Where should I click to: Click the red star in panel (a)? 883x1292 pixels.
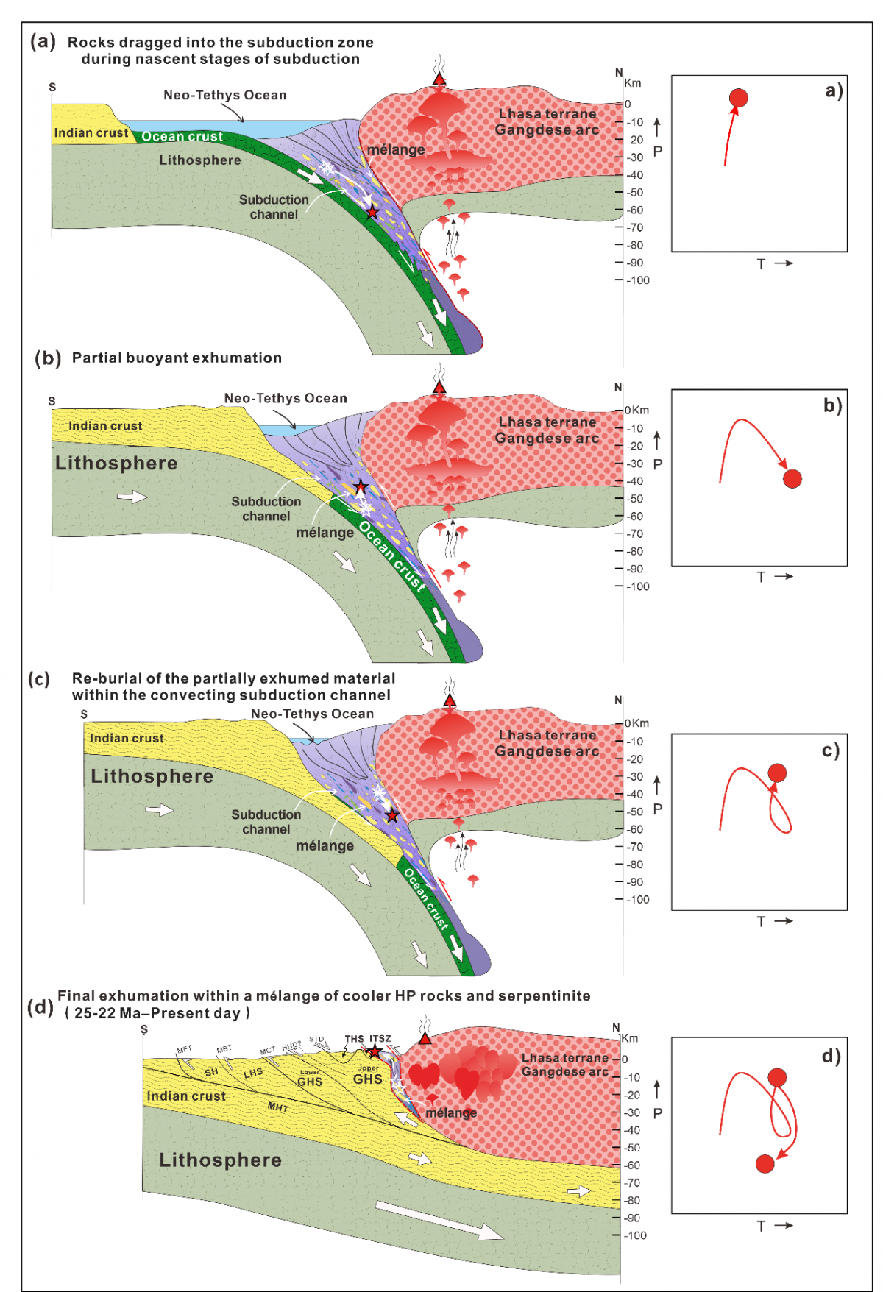click(x=372, y=212)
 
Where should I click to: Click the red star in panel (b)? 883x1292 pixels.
click(x=361, y=487)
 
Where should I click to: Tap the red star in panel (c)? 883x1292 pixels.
click(x=392, y=815)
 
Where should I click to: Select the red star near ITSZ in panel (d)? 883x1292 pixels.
click(x=375, y=1051)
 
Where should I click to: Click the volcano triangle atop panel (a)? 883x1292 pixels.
click(x=439, y=79)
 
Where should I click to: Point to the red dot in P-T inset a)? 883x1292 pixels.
click(x=738, y=98)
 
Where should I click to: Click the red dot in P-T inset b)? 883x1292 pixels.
click(x=792, y=479)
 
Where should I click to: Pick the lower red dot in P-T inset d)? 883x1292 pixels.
click(x=765, y=1163)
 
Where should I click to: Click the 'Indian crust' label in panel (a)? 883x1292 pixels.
click(x=91, y=133)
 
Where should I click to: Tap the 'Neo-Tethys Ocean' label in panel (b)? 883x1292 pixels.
click(x=286, y=398)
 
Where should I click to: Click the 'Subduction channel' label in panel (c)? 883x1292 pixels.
click(x=266, y=822)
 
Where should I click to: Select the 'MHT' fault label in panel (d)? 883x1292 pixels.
click(x=277, y=1107)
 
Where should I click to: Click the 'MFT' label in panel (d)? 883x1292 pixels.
click(x=184, y=1049)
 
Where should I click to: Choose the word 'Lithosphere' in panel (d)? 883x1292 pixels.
click(x=220, y=1160)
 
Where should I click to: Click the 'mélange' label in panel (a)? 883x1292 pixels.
click(x=396, y=150)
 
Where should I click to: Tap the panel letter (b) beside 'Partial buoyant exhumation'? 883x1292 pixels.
click(x=48, y=358)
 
